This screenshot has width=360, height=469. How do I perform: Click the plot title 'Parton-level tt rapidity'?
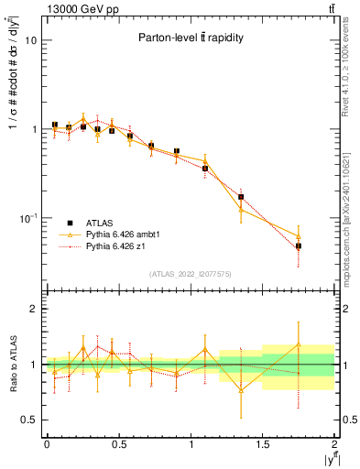pyautogui.click(x=189, y=38)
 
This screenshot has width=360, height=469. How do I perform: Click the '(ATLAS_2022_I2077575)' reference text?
pyautogui.click(x=190, y=273)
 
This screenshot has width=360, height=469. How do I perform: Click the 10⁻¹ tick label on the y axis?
pyautogui.click(x=27, y=218)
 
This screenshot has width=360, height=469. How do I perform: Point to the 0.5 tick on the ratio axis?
pyautogui.click(x=29, y=420)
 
